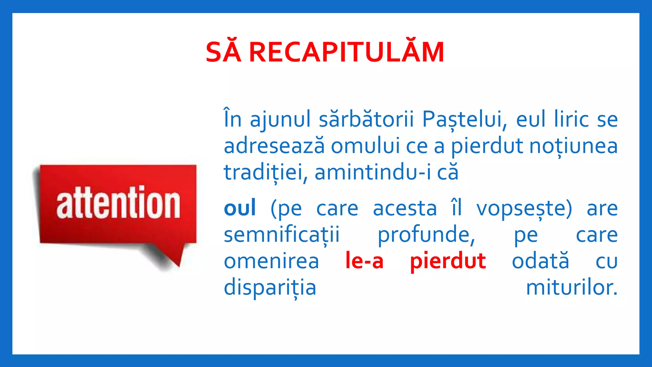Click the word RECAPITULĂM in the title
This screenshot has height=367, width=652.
tap(346, 53)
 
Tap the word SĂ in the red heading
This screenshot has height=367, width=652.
tap(223, 53)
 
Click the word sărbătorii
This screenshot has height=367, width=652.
tap(366, 119)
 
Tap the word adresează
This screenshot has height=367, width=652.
tap(274, 146)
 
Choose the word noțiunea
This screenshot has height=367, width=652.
tap(573, 146)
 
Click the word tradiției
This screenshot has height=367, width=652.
tap(266, 173)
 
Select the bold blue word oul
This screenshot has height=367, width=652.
tap(240, 208)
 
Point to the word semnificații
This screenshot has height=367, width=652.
tap(282, 235)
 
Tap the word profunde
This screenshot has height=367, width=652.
tap(426, 235)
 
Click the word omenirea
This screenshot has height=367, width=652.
tap(271, 261)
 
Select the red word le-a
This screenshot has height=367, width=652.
tap(365, 261)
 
